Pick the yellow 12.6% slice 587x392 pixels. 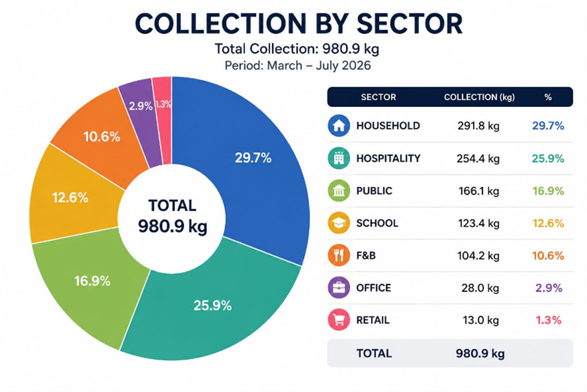(71, 198)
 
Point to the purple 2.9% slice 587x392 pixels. (140, 112)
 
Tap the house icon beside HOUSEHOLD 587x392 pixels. (339, 126)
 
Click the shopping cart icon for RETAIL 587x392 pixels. (339, 320)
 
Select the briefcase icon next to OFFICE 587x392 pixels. (339, 287)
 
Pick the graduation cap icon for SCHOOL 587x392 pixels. (339, 223)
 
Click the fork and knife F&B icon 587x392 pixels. (339, 255)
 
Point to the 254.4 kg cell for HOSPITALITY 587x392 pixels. (478, 158)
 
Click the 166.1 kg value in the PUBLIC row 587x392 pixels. (479, 191)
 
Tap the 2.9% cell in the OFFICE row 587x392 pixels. (548, 288)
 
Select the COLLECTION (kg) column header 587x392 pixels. (479, 97)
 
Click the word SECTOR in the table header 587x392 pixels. (378, 97)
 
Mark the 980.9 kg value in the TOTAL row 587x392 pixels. (480, 353)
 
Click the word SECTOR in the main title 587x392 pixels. (410, 24)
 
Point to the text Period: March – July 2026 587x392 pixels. (298, 65)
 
